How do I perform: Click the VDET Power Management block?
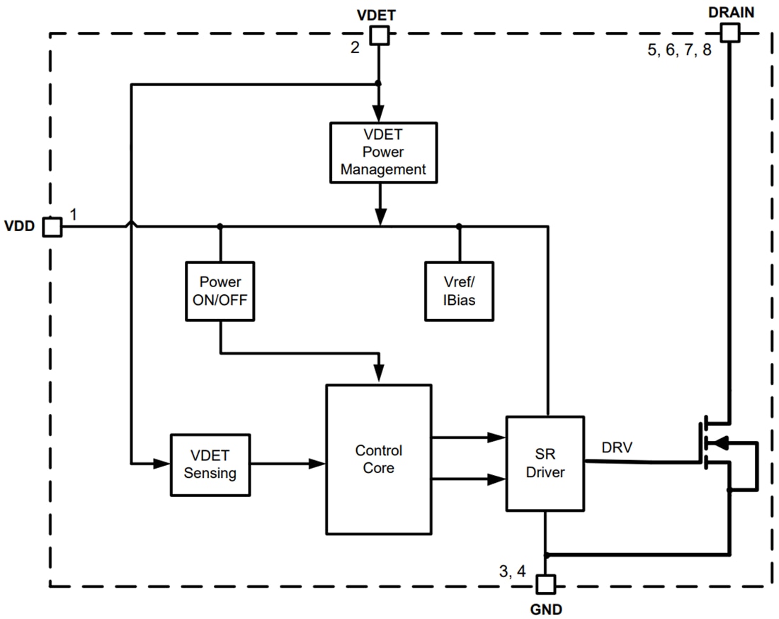[382, 152]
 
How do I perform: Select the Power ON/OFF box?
[220, 291]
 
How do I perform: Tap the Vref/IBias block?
[459, 291]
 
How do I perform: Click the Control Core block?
[378, 459]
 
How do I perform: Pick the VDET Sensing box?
[210, 464]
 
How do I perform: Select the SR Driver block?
[545, 463]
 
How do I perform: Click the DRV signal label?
[617, 447]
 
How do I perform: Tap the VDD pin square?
[52, 227]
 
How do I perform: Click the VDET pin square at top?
[380, 35]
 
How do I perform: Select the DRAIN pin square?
[729, 32]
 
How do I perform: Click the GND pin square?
[545, 584]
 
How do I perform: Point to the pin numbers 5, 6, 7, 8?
[679, 51]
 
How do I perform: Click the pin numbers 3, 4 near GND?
[512, 571]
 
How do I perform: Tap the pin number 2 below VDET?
[355, 48]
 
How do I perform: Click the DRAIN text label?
[731, 11]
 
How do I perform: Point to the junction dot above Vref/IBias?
[459, 226]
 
